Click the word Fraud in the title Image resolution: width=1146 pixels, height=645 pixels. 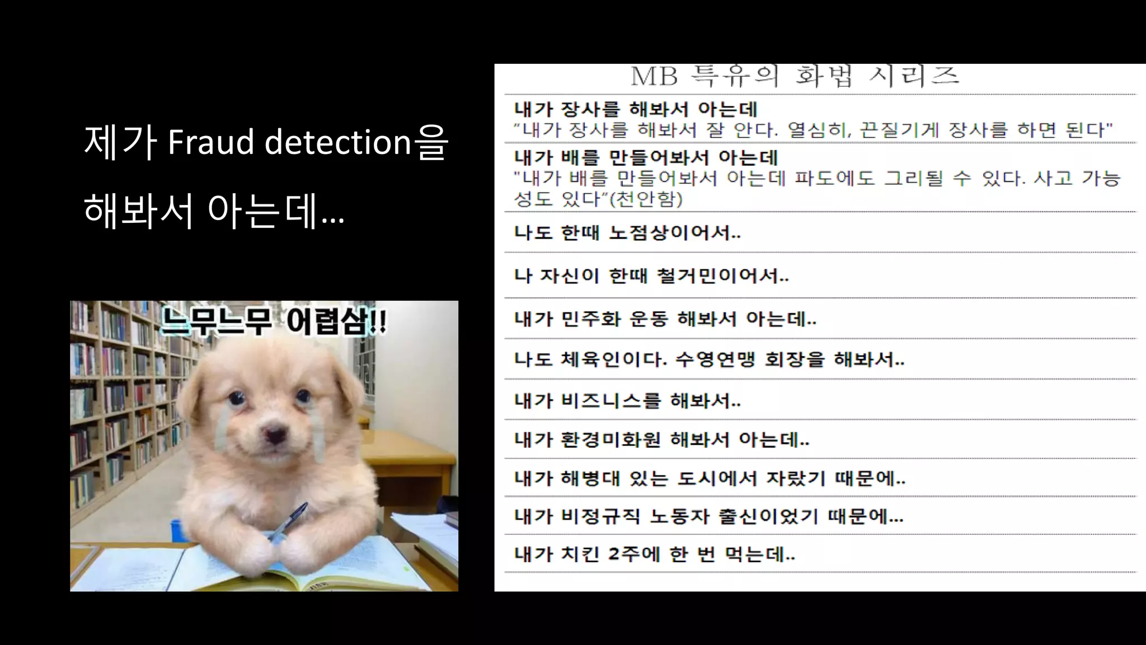pyautogui.click(x=210, y=142)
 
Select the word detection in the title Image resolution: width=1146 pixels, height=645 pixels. pyautogui.click(x=338, y=142)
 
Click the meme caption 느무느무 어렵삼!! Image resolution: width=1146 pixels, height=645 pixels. pyautogui.click(x=274, y=321)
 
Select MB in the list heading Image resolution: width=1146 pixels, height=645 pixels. pyautogui.click(x=654, y=76)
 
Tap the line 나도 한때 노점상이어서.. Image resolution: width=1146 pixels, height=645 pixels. pyautogui.click(x=627, y=232)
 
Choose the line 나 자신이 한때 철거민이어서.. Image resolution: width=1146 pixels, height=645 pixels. pyautogui.click(x=651, y=275)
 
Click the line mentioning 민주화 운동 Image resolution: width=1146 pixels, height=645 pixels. pyautogui.click(x=665, y=319)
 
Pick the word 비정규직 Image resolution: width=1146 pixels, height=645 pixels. pyautogui.click(x=600, y=516)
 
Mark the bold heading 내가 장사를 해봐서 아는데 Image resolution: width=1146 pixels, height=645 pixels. pyautogui.click(x=636, y=109)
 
